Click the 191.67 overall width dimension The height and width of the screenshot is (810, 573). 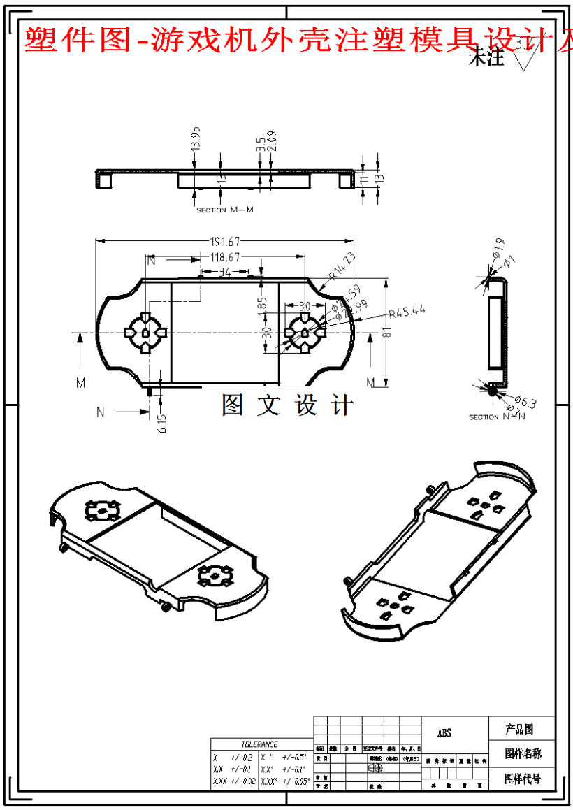[x=223, y=242]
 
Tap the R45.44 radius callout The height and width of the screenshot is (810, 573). [x=407, y=312]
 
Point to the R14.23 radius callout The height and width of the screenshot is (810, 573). [x=342, y=266]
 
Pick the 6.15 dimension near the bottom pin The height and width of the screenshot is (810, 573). [x=163, y=423]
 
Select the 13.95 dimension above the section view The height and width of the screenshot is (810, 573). [x=196, y=138]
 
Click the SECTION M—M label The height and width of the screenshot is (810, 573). [x=224, y=210]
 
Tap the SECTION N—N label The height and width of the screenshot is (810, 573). [x=496, y=417]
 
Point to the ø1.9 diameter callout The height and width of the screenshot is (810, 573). [x=498, y=247]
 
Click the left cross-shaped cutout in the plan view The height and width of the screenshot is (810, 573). [x=144, y=331]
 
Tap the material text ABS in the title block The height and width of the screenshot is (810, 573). [x=444, y=733]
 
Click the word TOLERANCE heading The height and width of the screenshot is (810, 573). [x=259, y=744]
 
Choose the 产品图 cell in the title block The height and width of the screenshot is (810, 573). [x=519, y=730]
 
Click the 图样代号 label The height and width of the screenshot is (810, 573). [x=523, y=779]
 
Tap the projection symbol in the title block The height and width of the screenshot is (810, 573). [x=375, y=767]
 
